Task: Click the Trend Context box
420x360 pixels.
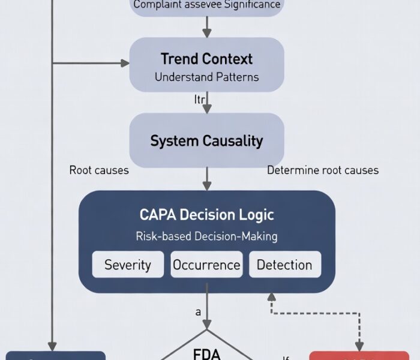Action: pos(206,65)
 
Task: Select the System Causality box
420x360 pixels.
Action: pos(206,141)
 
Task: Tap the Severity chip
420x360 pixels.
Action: pos(128,265)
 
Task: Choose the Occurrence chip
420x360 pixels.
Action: pos(206,265)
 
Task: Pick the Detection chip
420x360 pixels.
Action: pos(284,265)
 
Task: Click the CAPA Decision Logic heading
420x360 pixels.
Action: pos(206,215)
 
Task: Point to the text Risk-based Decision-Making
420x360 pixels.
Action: pos(206,236)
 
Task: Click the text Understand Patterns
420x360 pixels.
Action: pos(206,77)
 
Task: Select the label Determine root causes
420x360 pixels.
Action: pos(322,170)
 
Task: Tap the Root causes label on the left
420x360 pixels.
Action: pos(99,170)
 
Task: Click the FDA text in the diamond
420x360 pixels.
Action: pos(206,353)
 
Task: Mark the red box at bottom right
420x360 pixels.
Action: pos(358,356)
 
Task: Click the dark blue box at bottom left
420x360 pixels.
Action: pos(55,356)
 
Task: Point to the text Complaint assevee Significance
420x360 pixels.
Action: pos(206,5)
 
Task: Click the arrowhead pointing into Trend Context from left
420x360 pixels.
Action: pos(126,62)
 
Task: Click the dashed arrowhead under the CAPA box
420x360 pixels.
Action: pos(271,297)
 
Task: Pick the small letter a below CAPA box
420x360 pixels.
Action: pos(197,312)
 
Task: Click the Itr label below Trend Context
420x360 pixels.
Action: pos(199,99)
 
